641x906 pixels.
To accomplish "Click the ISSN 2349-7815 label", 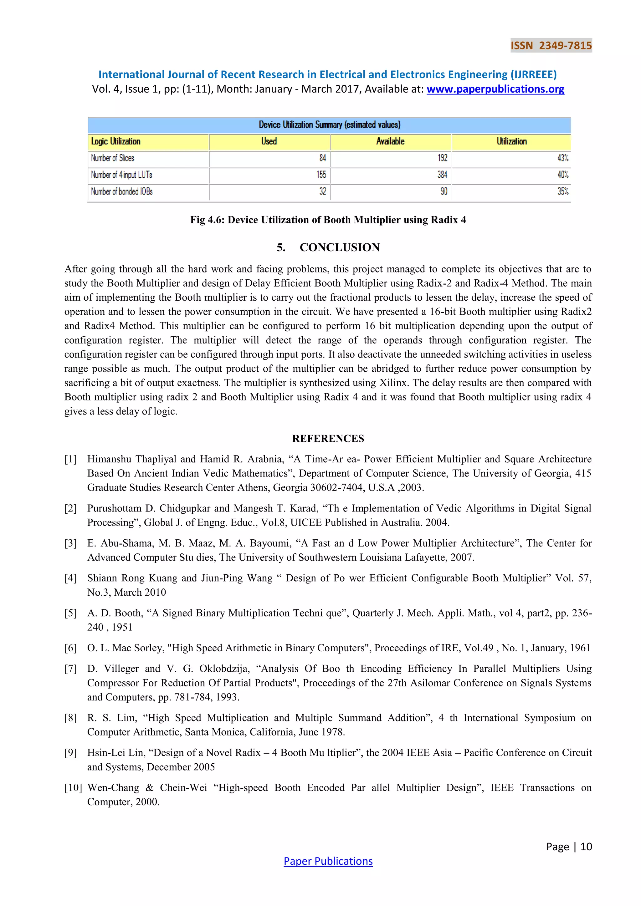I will [x=551, y=45].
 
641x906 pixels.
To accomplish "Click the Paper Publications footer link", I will [x=328, y=861].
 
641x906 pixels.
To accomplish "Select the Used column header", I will [x=269, y=142].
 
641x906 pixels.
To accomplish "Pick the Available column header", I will [x=390, y=142].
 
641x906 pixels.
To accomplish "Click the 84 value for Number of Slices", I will [x=322, y=158].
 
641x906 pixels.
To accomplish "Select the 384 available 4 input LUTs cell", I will [x=442, y=175].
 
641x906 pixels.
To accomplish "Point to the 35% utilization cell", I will [x=563, y=191].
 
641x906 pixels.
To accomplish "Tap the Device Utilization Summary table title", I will [x=329, y=125].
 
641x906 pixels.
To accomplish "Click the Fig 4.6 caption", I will [x=328, y=220].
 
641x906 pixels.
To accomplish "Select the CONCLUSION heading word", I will [x=340, y=247].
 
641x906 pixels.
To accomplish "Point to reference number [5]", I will [x=71, y=613].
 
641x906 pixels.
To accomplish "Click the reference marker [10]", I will [x=73, y=788].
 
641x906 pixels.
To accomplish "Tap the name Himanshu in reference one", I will [x=109, y=459].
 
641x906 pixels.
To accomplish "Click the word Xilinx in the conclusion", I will [x=394, y=383].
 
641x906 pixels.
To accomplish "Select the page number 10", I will [x=586, y=847].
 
